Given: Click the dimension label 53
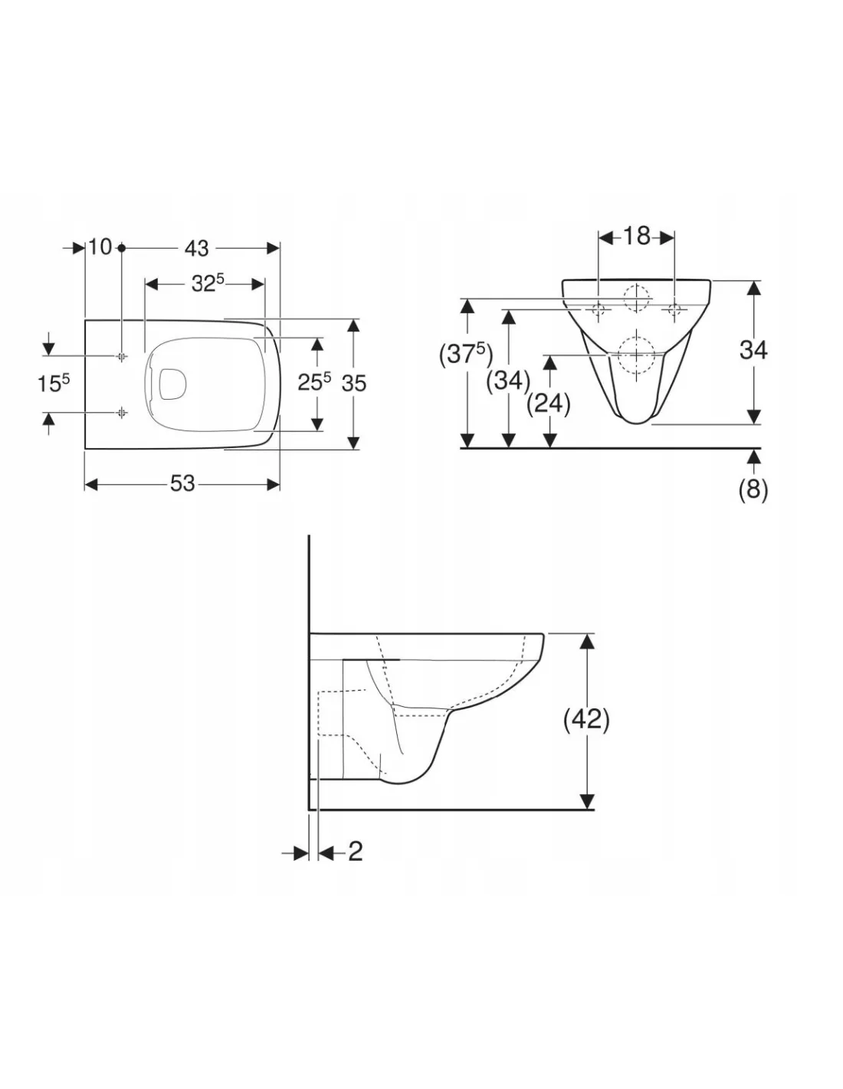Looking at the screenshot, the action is [182, 483].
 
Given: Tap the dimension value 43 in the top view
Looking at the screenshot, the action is [197, 248].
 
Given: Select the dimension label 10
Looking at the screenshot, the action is [101, 247].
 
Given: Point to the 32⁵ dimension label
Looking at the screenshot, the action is [208, 283].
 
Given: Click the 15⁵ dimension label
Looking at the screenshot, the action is [54, 384].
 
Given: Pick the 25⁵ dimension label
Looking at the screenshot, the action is [314, 382].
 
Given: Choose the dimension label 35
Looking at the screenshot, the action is [354, 384].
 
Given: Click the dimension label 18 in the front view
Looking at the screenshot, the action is [636, 236].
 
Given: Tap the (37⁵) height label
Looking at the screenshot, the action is [466, 355].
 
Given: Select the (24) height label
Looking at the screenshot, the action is [549, 404].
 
